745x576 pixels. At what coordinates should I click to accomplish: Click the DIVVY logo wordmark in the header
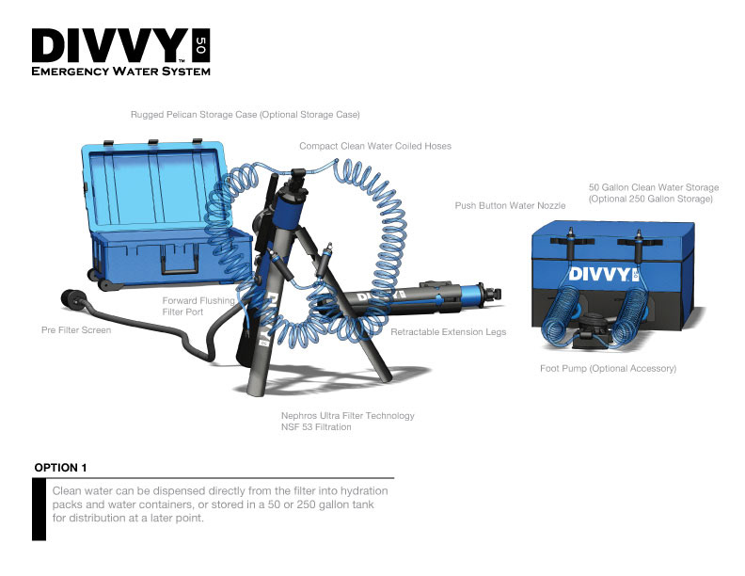(x=110, y=45)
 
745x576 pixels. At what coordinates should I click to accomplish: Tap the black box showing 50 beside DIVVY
(x=201, y=45)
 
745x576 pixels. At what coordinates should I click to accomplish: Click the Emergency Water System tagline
(x=120, y=72)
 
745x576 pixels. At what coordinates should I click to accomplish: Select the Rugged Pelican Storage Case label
(x=246, y=115)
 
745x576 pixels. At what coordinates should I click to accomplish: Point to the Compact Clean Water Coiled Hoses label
(x=375, y=146)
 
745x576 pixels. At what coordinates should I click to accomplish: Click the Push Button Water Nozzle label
(x=510, y=205)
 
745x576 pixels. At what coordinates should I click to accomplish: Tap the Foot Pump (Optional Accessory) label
(x=609, y=368)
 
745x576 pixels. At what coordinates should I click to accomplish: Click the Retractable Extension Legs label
(x=448, y=331)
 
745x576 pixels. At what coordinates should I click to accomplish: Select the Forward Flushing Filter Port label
(x=198, y=306)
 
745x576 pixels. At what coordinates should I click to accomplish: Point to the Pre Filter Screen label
(x=76, y=329)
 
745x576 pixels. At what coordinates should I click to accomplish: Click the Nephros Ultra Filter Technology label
(x=348, y=421)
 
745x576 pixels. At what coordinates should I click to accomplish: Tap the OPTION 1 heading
(x=60, y=468)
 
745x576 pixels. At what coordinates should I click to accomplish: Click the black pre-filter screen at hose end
(x=72, y=298)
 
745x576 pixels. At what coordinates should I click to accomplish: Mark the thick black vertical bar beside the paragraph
(x=39, y=509)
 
